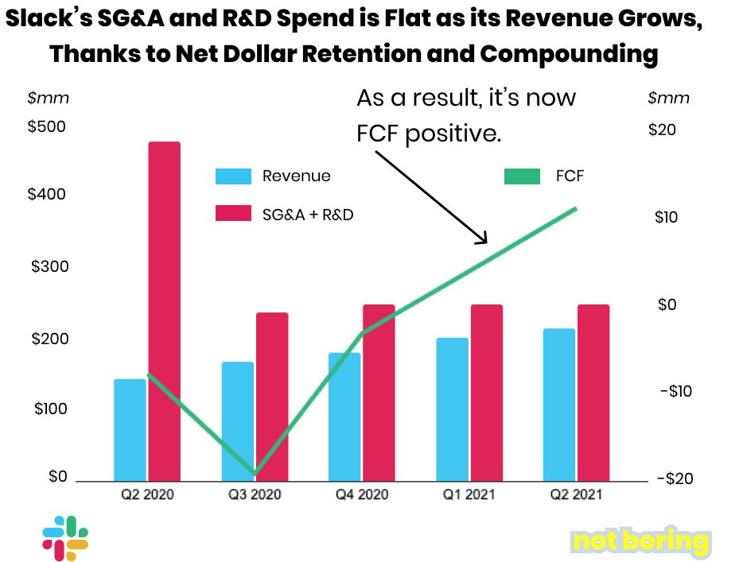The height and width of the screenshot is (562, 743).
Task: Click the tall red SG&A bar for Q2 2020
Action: tap(164, 310)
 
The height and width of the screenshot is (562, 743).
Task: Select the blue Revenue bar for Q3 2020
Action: tap(237, 421)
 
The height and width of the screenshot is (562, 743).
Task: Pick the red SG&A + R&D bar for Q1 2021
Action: tap(486, 393)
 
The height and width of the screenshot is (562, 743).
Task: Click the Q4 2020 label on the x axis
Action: tap(361, 494)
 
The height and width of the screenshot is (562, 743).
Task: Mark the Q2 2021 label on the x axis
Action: tap(575, 494)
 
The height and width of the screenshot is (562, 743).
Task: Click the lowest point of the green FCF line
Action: tap(255, 474)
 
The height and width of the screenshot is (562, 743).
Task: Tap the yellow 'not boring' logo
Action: tap(640, 542)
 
